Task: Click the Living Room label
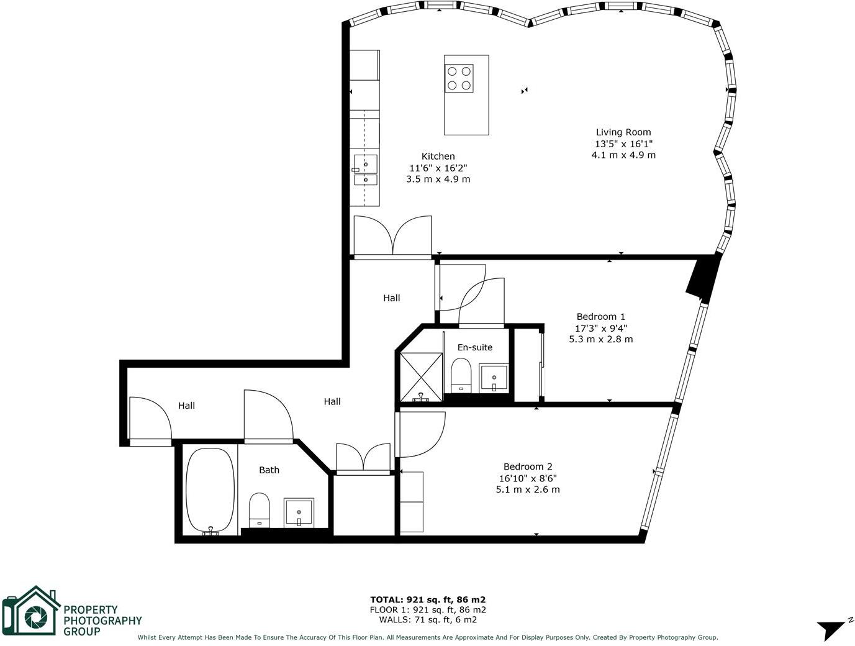click(623, 132)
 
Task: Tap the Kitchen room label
click(438, 157)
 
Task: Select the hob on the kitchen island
click(459, 78)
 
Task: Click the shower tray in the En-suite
click(421, 376)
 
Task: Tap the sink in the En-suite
click(494, 378)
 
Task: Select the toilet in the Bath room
click(259, 509)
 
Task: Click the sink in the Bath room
click(299, 512)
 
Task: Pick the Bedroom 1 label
click(600, 317)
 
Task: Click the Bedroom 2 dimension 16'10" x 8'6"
click(528, 478)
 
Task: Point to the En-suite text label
click(474, 347)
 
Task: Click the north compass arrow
click(831, 629)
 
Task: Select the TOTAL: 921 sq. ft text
click(428, 599)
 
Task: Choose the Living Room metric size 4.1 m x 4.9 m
click(623, 155)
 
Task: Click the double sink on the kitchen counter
click(365, 171)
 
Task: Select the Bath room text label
click(269, 470)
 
